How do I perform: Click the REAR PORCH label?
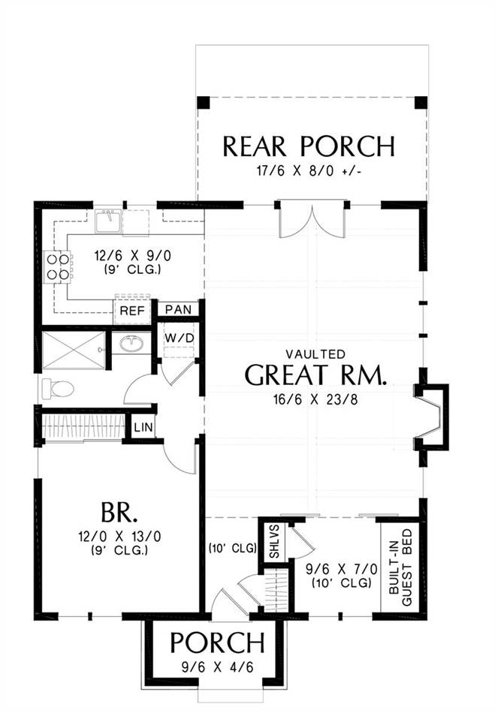point(309,146)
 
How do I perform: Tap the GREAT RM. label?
point(315,375)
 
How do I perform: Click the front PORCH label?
point(217,642)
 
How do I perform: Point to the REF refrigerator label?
point(132,311)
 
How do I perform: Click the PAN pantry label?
point(178,310)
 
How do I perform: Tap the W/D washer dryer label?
point(180,338)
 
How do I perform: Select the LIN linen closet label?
point(143,428)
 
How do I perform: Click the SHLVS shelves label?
point(275,542)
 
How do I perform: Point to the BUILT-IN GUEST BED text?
point(401,567)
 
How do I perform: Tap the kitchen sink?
point(108,221)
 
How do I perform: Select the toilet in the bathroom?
point(58,390)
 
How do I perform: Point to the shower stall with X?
point(74,350)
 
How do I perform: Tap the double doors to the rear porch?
point(312,220)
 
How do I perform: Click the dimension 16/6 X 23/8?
point(315,400)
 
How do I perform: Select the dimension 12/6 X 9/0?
point(133,256)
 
